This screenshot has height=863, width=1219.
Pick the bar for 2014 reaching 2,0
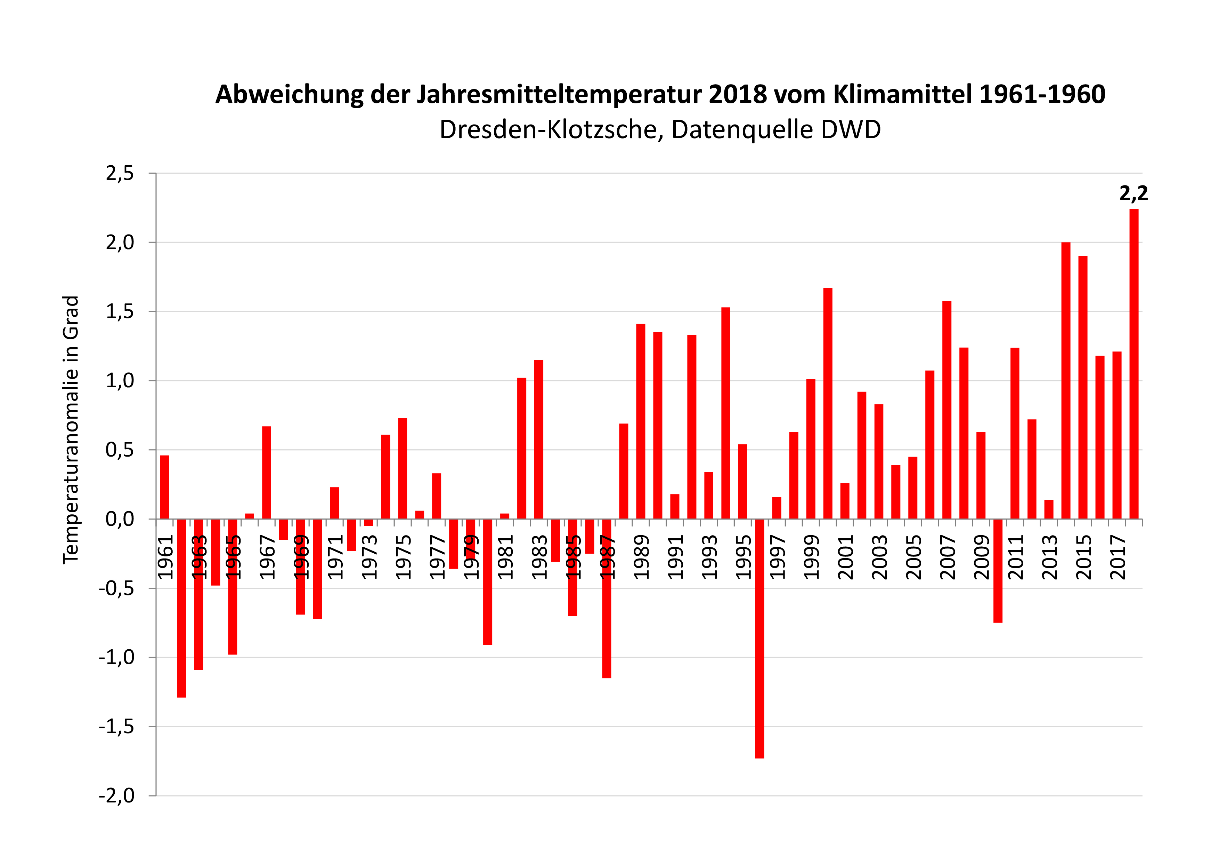1066,380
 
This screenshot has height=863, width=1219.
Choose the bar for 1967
267,473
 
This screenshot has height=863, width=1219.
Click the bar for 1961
165,487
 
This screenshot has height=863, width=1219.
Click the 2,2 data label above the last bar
1133,193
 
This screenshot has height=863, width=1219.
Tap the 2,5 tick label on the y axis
120,173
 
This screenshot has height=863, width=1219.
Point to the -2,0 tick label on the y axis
117,795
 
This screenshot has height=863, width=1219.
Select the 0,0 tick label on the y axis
120,519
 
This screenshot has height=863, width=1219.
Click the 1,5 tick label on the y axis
120,311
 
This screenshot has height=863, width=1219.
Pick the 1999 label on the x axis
811,556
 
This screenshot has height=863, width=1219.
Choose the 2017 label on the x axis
1118,556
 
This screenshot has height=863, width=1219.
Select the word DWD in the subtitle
851,130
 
